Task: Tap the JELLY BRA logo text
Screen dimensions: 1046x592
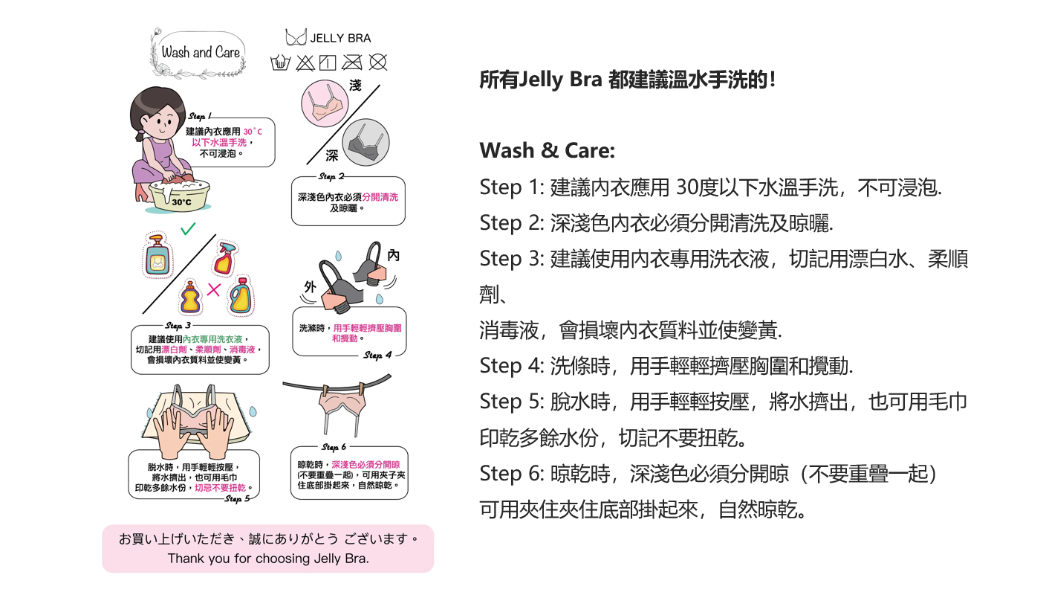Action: pos(340,38)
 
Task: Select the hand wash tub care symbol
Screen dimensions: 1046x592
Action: pos(280,62)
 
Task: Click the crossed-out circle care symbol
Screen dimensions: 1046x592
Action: pos(378,62)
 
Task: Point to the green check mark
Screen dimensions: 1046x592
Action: pos(188,228)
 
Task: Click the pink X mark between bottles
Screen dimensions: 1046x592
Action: pos(213,290)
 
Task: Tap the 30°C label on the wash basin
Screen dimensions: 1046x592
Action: pos(181,202)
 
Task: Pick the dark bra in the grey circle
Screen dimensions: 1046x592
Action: pos(366,142)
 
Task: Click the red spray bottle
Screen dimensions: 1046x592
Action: pos(225,257)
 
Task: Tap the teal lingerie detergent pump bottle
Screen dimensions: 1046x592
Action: pos(157,255)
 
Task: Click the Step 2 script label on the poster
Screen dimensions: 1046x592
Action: pos(331,176)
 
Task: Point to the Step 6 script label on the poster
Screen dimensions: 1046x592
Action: pos(334,447)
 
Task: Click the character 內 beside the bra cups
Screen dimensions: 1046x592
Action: pos(393,255)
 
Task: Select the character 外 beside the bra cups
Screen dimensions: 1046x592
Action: pos(310,286)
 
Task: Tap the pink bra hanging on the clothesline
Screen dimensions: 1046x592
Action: pos(342,408)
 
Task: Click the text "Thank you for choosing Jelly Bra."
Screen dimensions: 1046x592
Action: pos(268,559)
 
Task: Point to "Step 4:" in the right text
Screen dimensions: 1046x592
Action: pos(512,366)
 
